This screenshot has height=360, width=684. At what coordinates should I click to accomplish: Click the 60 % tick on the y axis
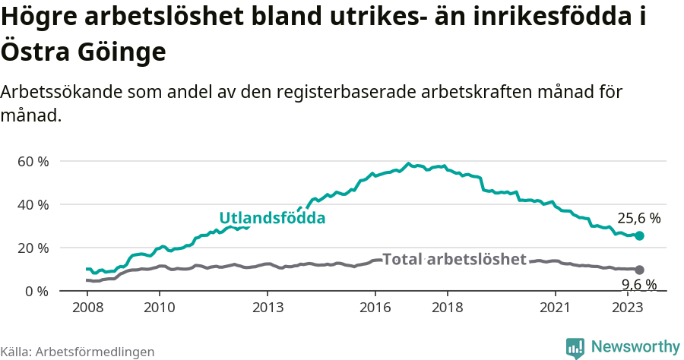pyautogui.click(x=33, y=161)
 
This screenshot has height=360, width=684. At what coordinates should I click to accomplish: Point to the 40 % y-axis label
pyautogui.click(x=33, y=204)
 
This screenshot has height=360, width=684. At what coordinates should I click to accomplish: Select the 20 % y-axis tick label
pyautogui.click(x=33, y=248)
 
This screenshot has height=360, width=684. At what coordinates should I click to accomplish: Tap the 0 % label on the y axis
pyautogui.click(x=37, y=291)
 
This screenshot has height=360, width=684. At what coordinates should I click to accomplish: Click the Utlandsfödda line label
pyautogui.click(x=272, y=218)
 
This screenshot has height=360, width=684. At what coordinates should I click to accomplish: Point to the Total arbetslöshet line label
pyautogui.click(x=454, y=259)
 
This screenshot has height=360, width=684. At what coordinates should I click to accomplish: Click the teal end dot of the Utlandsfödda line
pyautogui.click(x=639, y=236)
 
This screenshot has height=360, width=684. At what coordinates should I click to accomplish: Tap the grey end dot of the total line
pyautogui.click(x=639, y=270)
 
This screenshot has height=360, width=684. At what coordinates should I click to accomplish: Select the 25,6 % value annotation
pyautogui.click(x=638, y=218)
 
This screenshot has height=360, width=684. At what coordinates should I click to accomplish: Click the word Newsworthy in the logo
pyautogui.click(x=635, y=347)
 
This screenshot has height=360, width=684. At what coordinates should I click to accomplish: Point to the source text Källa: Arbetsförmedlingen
pyautogui.click(x=78, y=352)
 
